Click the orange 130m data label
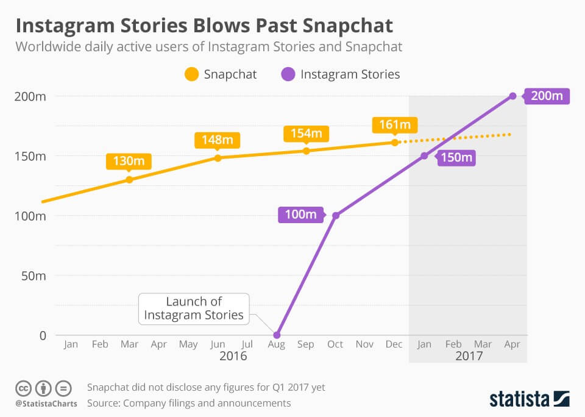coord(129,162)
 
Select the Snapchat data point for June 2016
coord(218,158)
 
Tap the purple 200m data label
coord(546,96)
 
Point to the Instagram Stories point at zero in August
coord(277,335)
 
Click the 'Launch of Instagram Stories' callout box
coord(193,308)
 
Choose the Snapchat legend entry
coord(220,74)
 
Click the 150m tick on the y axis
coord(30,156)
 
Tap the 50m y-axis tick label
coord(33,276)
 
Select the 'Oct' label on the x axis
coord(335,344)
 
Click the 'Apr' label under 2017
coord(512,344)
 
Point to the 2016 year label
coord(233,356)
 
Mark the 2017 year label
coord(469,356)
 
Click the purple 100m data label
coord(300,215)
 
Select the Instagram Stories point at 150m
coord(425,156)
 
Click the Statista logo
coord(529,399)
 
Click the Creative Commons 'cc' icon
coord(23,388)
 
